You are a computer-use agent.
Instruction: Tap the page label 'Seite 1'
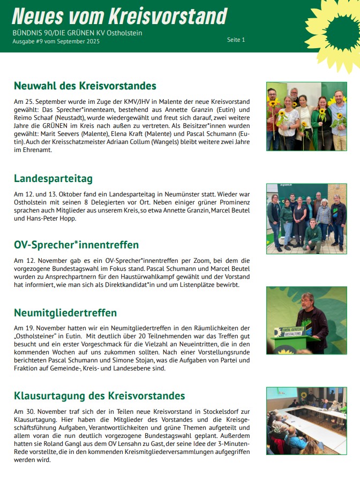pyautogui.click(x=236, y=40)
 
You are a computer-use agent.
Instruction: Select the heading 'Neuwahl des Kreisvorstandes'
pyautogui.click(x=85, y=86)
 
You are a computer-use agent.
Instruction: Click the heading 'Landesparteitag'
pyautogui.click(x=53, y=178)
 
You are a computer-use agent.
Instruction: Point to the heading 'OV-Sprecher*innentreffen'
pyautogui.click(x=76, y=245)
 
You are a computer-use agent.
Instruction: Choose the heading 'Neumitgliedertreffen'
pyautogui.click(x=65, y=312)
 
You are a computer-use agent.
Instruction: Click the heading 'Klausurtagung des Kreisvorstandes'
pyautogui.click(x=99, y=396)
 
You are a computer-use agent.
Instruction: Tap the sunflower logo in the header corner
pyautogui.click(x=335, y=29)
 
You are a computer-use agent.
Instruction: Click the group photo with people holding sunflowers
pyautogui.click(x=306, y=116)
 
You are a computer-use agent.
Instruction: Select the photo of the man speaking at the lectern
pyautogui.click(x=306, y=320)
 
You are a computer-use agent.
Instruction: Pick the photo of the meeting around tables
pyautogui.click(x=306, y=421)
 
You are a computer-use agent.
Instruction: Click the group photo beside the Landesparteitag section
pyautogui.click(x=306, y=218)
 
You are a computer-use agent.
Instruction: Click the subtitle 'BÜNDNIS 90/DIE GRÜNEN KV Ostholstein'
pyautogui.click(x=77, y=33)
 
